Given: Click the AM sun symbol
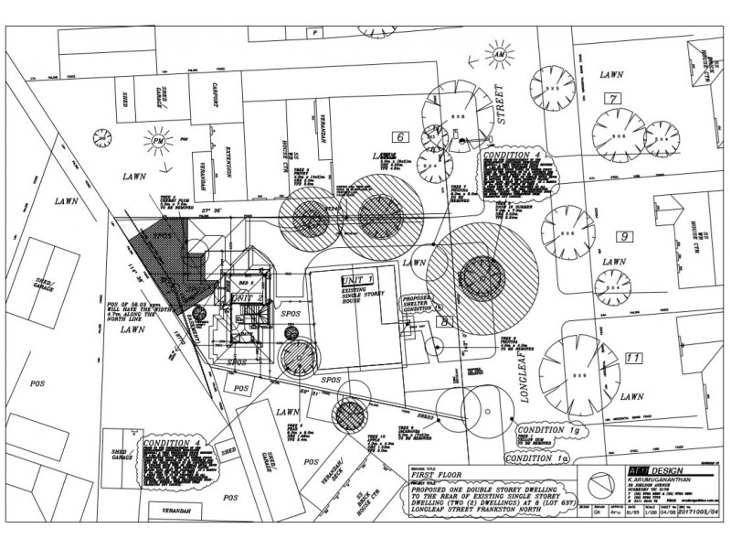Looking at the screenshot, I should pyautogui.click(x=500, y=54).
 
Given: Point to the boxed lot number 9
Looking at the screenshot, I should pyautogui.click(x=625, y=238).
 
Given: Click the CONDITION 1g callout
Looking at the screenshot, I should pyautogui.click(x=548, y=429).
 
